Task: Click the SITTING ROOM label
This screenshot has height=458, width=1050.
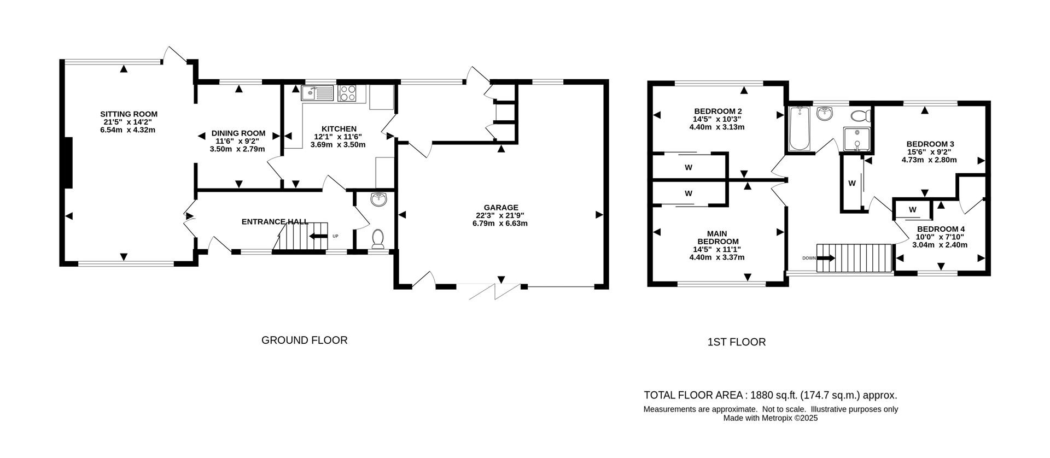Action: pos(129,114)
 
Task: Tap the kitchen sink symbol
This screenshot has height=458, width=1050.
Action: pos(318,93)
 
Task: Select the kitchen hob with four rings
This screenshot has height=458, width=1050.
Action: pos(348,93)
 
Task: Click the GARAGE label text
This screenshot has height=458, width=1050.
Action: pos(500,208)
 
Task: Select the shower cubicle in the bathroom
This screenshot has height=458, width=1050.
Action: pos(856,139)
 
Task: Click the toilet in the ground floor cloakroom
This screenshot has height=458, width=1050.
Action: pos(377,238)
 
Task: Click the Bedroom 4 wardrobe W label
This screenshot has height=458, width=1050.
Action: pos(913,210)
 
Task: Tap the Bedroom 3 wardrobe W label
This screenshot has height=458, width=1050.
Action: pos(851,184)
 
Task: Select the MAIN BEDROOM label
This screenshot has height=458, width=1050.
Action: pos(717,237)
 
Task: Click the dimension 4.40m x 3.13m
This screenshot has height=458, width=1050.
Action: pos(717,127)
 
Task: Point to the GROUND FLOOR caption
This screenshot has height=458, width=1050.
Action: pos(304,340)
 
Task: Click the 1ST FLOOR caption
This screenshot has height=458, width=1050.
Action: pos(736,342)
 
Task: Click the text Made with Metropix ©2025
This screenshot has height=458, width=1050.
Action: pos(770,418)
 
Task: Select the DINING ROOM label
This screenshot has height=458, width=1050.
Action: pos(238,133)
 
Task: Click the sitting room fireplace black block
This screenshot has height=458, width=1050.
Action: pos(68,162)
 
